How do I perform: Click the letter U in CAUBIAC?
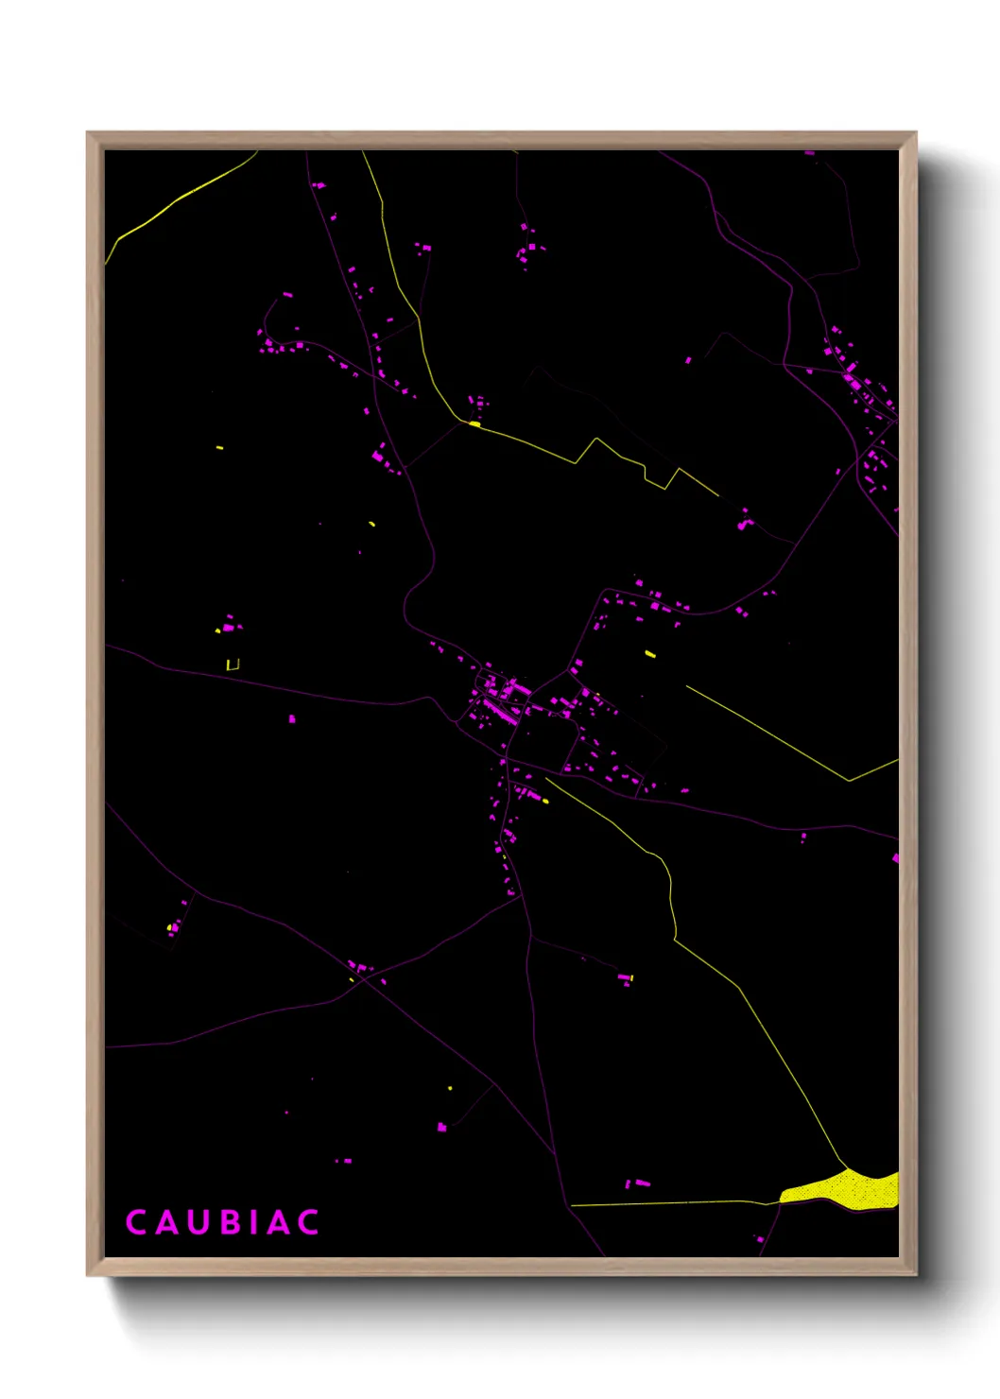pos(195,1222)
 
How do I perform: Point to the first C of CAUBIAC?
pos(135,1222)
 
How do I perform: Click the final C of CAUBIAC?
pos(308,1222)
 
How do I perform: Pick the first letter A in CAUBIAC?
pos(164,1222)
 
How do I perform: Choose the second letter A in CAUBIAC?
pos(278,1222)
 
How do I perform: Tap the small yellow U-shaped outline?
pos(233,665)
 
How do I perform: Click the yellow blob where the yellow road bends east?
pos(474,424)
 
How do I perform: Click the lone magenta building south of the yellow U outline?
pos(291,719)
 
